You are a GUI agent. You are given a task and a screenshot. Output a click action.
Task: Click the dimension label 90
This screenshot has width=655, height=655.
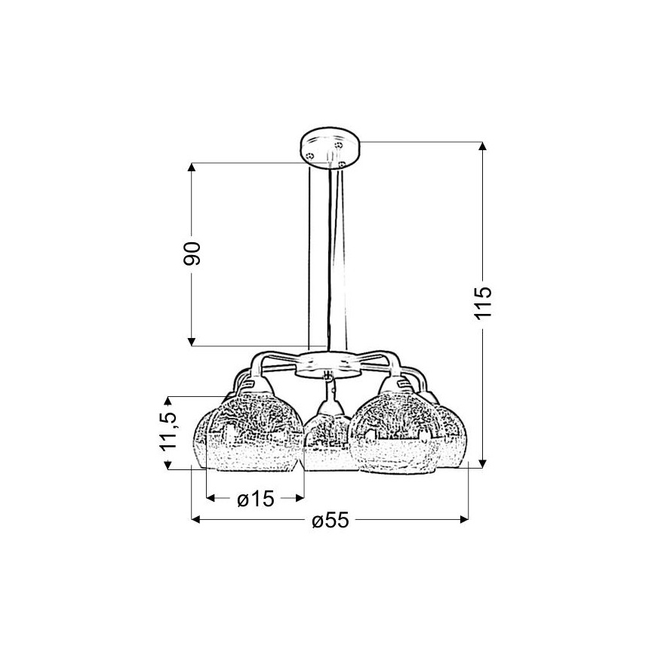click(x=192, y=253)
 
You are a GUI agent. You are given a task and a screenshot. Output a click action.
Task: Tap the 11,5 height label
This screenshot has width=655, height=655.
click(x=168, y=432)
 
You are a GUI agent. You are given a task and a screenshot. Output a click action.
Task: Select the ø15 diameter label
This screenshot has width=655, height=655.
click(x=256, y=498)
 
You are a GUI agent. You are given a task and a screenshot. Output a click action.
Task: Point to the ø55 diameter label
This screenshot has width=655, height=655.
click(x=330, y=520)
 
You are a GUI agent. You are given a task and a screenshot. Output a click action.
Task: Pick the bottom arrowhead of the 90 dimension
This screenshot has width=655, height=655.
click(x=192, y=342)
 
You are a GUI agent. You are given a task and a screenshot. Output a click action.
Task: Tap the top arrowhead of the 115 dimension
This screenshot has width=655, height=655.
click(x=482, y=146)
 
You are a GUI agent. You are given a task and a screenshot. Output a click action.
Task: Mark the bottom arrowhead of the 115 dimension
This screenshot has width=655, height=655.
click(x=482, y=463)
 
